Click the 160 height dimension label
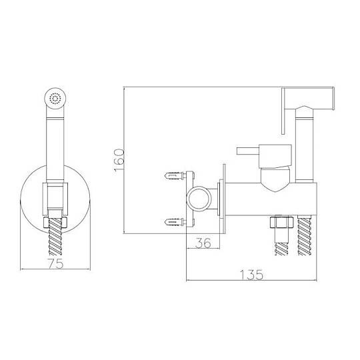[119, 160]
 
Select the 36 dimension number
[203, 243]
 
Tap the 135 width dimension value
[251, 275]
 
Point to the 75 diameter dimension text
[55, 263]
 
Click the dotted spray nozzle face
[55, 99]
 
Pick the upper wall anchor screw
[175, 176]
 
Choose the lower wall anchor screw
[175, 222]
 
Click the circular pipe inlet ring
[199, 199]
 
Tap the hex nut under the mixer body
[282, 222]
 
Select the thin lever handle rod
[248, 151]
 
